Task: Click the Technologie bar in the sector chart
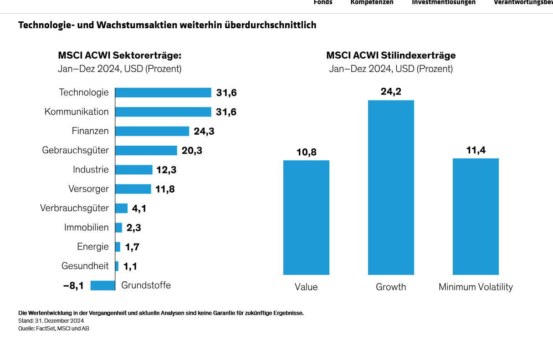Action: click(x=163, y=92)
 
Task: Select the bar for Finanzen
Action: click(x=152, y=131)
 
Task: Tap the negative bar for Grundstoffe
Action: click(x=102, y=285)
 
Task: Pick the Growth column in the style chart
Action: click(x=391, y=188)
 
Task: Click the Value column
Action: click(x=306, y=218)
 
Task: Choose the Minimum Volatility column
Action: click(x=476, y=217)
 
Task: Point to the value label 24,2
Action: click(x=391, y=91)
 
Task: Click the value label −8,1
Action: click(x=73, y=286)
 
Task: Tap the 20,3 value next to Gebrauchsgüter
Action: click(x=192, y=151)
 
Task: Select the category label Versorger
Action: click(x=88, y=188)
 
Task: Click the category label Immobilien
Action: click(x=87, y=227)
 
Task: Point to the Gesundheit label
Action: click(x=85, y=265)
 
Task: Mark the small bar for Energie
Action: click(x=118, y=247)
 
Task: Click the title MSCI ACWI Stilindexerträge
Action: click(x=391, y=56)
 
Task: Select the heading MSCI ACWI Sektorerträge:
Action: click(x=119, y=56)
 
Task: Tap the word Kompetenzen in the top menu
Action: click(x=372, y=2)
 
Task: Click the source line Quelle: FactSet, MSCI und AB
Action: click(x=54, y=329)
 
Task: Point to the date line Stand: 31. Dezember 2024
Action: click(x=51, y=321)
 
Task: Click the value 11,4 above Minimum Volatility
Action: click(x=476, y=150)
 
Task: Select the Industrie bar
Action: click(x=134, y=170)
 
